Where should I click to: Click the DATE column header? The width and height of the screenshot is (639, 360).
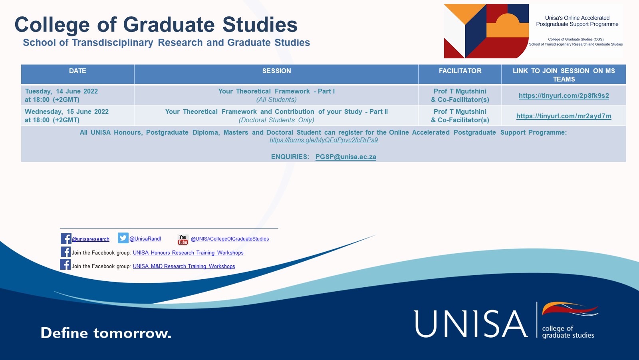(77, 71)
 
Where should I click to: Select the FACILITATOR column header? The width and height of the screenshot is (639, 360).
(460, 71)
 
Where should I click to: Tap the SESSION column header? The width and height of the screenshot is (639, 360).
(277, 71)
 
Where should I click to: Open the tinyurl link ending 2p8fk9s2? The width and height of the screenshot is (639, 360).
(564, 95)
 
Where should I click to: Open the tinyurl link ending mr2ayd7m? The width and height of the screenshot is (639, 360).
(564, 116)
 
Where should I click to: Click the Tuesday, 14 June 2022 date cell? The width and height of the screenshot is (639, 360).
(62, 95)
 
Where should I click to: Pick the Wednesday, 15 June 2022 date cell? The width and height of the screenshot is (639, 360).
(67, 115)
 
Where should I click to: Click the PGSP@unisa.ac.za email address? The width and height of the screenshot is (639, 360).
(346, 157)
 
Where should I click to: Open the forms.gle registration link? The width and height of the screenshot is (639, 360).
(324, 140)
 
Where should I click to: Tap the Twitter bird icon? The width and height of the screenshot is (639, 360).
(123, 238)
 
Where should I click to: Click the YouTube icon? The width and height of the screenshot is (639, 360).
(183, 239)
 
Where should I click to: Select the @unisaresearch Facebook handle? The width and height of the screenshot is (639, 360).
(90, 239)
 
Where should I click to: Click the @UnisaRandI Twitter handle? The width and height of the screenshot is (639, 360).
(145, 239)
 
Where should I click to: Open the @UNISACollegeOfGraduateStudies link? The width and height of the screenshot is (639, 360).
(230, 239)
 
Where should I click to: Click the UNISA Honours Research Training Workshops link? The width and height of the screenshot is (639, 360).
(188, 253)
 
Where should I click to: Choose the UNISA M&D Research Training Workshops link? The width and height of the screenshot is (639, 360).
(184, 267)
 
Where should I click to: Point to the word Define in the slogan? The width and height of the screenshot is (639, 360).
(64, 333)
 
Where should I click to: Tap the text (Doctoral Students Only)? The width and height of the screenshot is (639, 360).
(276, 120)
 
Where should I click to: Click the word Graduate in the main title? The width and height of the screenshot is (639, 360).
(169, 24)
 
